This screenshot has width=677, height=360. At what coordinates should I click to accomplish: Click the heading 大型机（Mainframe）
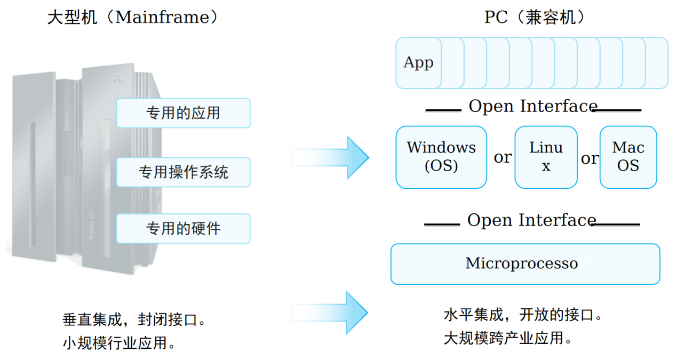133,18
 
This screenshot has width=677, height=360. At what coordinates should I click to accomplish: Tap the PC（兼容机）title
534,18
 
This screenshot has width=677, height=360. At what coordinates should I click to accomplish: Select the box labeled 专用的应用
183,113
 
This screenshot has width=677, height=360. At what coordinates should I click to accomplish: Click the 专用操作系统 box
183,172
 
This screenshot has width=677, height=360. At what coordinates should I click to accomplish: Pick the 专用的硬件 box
183,229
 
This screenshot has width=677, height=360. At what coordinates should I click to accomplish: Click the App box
418,63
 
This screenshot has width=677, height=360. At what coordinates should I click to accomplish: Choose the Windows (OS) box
441,157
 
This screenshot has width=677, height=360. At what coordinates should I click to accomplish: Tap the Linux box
546,157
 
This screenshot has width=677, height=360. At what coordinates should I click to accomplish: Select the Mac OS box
628,157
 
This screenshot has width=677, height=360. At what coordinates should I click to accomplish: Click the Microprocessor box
525,264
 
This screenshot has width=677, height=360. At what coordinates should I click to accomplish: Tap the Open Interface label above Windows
532,106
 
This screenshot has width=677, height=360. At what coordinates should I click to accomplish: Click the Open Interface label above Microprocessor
531,220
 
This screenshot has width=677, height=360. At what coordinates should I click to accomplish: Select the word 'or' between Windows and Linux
502,158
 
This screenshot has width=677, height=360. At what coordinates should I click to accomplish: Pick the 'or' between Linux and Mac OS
589,159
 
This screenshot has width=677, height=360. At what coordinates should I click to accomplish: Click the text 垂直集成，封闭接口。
134,320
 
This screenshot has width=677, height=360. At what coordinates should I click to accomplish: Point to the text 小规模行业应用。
119,342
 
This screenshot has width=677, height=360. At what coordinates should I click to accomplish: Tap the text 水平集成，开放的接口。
523,315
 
